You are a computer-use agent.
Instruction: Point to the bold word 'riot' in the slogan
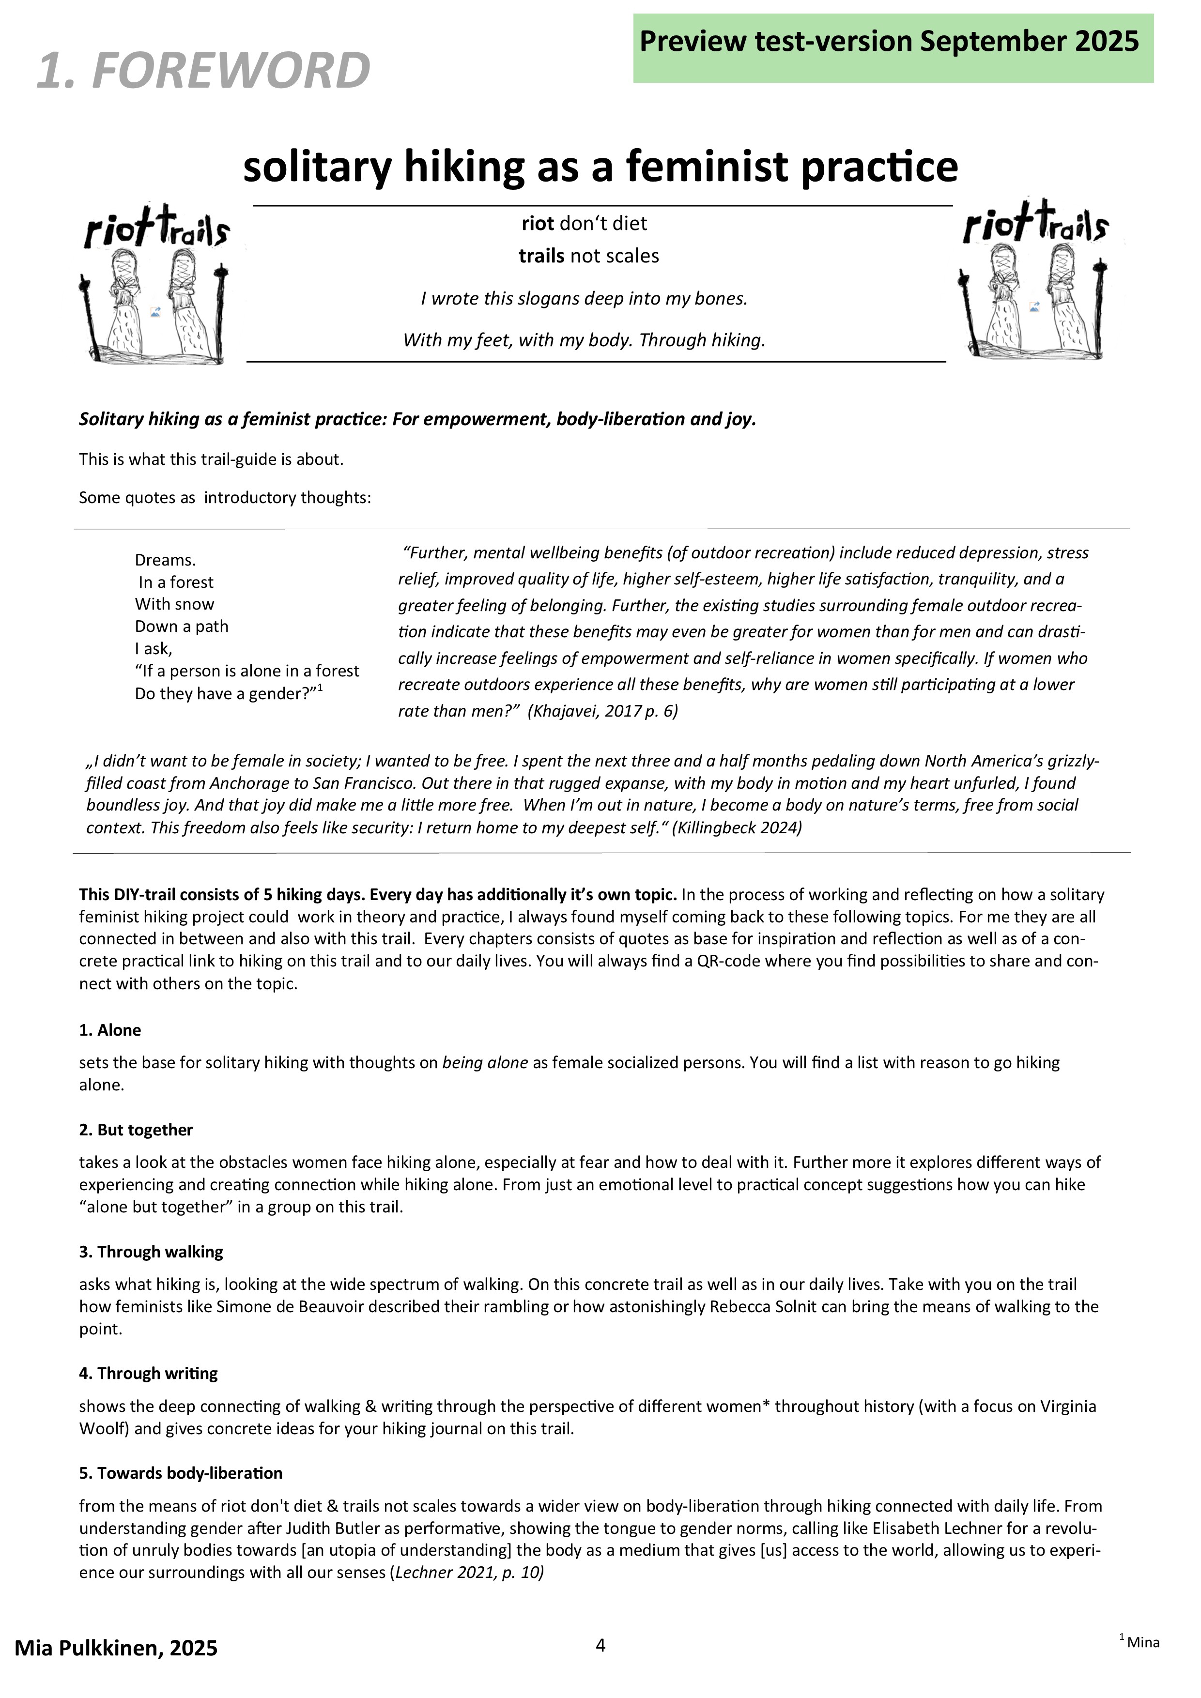click(538, 223)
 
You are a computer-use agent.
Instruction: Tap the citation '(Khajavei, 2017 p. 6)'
click(603, 711)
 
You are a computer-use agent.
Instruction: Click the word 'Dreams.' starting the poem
click(165, 560)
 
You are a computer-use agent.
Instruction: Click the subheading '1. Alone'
click(110, 1030)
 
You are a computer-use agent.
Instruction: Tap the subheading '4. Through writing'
click(149, 1373)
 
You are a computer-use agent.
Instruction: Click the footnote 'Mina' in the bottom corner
click(1143, 1642)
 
